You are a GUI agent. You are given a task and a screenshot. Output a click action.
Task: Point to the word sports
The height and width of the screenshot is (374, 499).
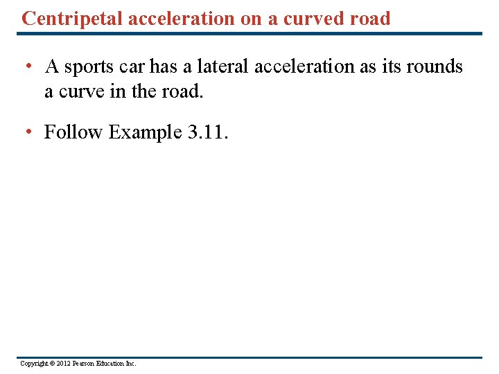point(91,67)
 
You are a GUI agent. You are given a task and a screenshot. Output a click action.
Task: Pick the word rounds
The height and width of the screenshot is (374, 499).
point(431,67)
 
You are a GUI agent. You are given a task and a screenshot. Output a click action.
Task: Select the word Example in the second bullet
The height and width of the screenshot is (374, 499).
point(146,132)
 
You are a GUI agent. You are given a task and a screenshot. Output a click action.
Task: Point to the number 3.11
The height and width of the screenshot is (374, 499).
point(207,132)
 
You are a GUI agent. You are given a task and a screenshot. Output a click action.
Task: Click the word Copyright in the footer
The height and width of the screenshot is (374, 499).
point(33,364)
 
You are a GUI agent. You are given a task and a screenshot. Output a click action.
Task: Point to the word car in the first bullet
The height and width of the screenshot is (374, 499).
point(134,67)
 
